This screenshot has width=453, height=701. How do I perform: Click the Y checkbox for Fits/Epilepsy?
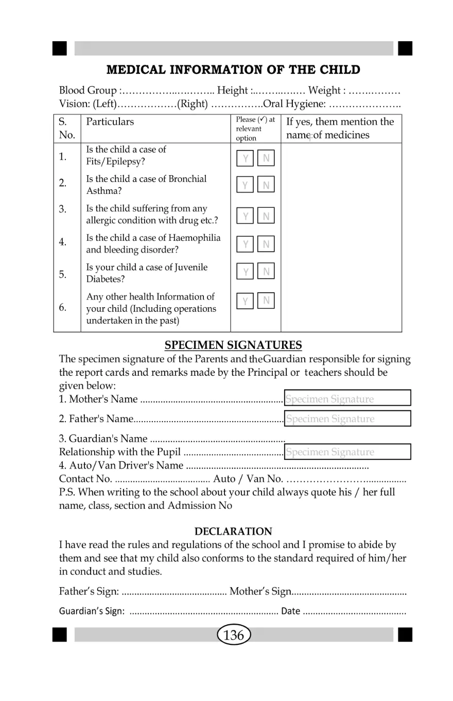(246, 158)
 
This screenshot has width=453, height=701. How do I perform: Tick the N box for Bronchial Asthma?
(266, 185)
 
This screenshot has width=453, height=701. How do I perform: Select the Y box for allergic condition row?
(246, 216)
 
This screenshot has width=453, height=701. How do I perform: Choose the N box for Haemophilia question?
(266, 244)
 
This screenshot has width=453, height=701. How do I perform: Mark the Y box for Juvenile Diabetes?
(246, 271)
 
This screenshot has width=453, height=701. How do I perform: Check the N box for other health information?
(266, 300)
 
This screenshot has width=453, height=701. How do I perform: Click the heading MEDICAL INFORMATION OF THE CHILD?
(233, 70)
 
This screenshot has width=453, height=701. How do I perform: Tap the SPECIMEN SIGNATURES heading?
(233, 345)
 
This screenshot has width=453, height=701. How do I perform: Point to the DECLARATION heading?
(233, 531)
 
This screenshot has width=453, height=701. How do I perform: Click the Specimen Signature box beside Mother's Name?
(347, 398)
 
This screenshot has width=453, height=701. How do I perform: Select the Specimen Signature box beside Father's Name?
(347, 419)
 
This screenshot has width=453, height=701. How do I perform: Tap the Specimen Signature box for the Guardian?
(347, 452)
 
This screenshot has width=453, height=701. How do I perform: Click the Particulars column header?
(110, 122)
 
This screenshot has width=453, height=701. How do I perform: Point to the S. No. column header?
(66, 128)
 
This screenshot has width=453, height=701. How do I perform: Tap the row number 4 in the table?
(62, 242)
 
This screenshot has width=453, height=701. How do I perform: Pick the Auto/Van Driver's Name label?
(121, 466)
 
